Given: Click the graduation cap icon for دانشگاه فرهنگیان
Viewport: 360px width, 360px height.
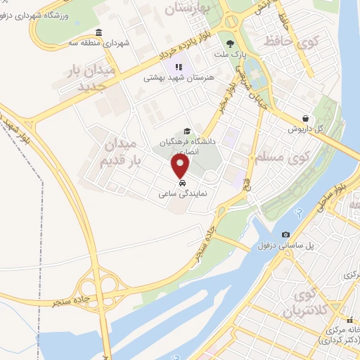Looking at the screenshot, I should [186, 131].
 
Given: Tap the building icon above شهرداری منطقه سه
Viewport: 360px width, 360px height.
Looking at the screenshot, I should [98, 32].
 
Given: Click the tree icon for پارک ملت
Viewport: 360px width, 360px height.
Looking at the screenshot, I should [230, 44].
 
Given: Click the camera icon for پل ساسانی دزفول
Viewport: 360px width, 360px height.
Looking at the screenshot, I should [285, 234].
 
